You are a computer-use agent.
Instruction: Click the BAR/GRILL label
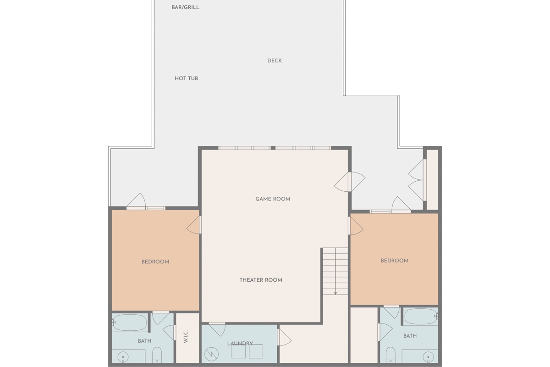pyautogui.click(x=185, y=7)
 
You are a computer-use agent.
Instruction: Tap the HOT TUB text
pyautogui.click(x=186, y=78)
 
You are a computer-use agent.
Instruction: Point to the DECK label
pyautogui.click(x=275, y=61)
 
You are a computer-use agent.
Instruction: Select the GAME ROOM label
pyautogui.click(x=273, y=199)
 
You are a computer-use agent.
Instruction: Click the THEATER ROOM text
pyautogui.click(x=261, y=280)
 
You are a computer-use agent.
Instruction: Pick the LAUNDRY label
pyautogui.click(x=240, y=344)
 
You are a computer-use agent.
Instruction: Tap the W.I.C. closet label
pyautogui.click(x=186, y=337)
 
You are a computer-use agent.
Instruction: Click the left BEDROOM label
pyautogui.click(x=155, y=262)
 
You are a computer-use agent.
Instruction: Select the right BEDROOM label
pyautogui.click(x=395, y=261)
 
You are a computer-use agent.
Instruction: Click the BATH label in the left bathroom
pyautogui.click(x=145, y=341)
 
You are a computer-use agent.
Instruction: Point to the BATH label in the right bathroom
pyautogui.click(x=410, y=336)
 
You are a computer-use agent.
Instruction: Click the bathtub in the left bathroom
pyautogui.click(x=129, y=322)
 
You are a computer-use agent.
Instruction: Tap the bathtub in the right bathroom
pyautogui.click(x=421, y=317)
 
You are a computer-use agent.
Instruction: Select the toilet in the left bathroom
pyautogui.click(x=157, y=355)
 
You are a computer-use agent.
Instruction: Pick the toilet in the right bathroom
pyautogui.click(x=390, y=355)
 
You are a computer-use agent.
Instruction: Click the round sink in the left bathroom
pyautogui.click(x=123, y=357)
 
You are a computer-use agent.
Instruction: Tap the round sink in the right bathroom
pyautogui.click(x=428, y=357)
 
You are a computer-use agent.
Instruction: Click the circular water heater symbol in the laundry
pyautogui.click(x=211, y=354)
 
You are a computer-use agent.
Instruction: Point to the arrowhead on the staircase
pyautogui.click(x=335, y=293)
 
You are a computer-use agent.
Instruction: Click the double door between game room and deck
pyautogui.click(x=350, y=182)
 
